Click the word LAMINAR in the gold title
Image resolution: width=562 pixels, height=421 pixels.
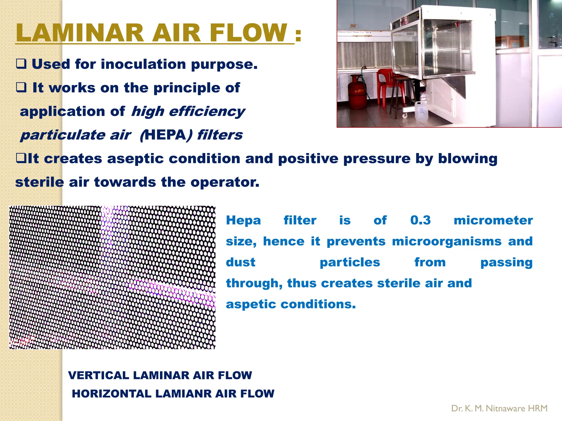pos(80,33)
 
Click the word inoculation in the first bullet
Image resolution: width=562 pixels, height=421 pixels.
pos(143,64)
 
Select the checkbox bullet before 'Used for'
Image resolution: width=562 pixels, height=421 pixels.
pos(21,64)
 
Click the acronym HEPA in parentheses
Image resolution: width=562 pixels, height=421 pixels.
pos(165,135)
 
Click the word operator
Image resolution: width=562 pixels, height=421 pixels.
pos(225,182)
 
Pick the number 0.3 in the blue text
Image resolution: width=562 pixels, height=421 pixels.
pos(420,220)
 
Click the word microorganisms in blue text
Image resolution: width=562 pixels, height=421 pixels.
pos(446,241)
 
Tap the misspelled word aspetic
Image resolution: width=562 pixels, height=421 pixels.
pos(251,304)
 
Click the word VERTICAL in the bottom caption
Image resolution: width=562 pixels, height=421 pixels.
pos(98,376)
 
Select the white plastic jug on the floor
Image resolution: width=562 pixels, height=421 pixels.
pos(421,112)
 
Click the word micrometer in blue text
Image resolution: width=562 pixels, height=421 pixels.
pos(493,220)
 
